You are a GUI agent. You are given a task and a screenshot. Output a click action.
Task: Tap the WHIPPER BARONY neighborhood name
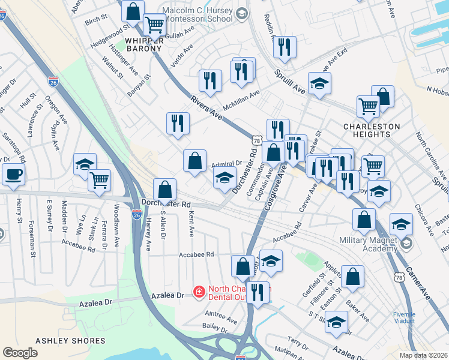[x=144, y=46]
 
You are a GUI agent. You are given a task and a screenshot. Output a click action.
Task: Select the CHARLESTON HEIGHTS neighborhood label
[x=372, y=130]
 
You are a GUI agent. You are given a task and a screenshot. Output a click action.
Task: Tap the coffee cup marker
[x=13, y=175]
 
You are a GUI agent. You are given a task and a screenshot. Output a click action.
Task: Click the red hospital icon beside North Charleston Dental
[x=197, y=292]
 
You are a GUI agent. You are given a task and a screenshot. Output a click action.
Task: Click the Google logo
[x=20, y=353]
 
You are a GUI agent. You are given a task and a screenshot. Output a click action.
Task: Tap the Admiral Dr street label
[x=226, y=163]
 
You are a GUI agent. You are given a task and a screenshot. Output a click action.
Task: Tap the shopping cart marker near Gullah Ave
[x=154, y=25]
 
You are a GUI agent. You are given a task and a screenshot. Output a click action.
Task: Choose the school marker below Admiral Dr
[x=225, y=178]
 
